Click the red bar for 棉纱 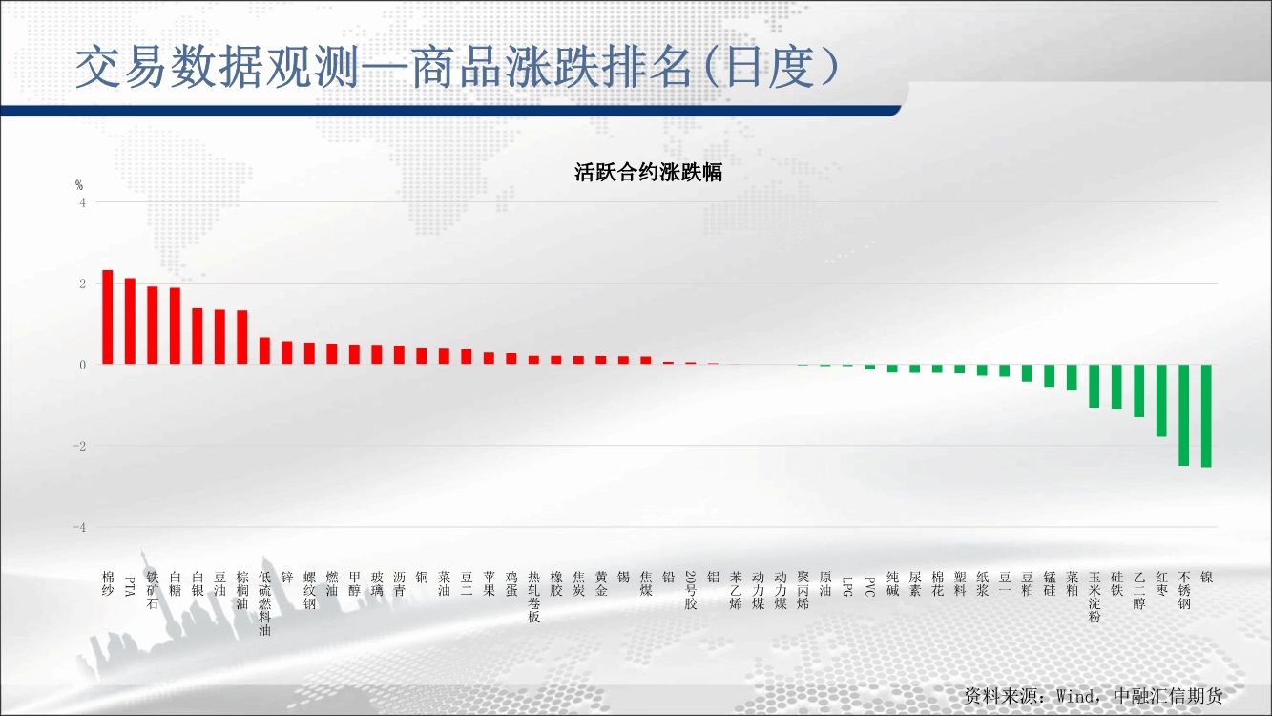[x=107, y=317]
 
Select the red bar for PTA [x=130, y=321]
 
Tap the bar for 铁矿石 [x=152, y=325]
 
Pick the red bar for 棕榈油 [x=242, y=337]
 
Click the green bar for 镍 [x=1206, y=416]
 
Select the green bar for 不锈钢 [x=1184, y=415]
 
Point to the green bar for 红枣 [x=1161, y=401]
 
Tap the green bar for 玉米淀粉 [x=1095, y=387]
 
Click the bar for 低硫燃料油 [x=264, y=350]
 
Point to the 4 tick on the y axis [x=83, y=202]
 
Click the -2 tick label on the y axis [x=80, y=446]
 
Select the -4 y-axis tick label [x=80, y=527]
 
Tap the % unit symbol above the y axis [x=79, y=185]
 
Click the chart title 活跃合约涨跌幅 [x=648, y=172]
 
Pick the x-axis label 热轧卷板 [x=533, y=597]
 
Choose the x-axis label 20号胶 [x=691, y=590]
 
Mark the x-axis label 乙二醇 [x=1139, y=590]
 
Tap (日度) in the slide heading [x=771, y=68]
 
